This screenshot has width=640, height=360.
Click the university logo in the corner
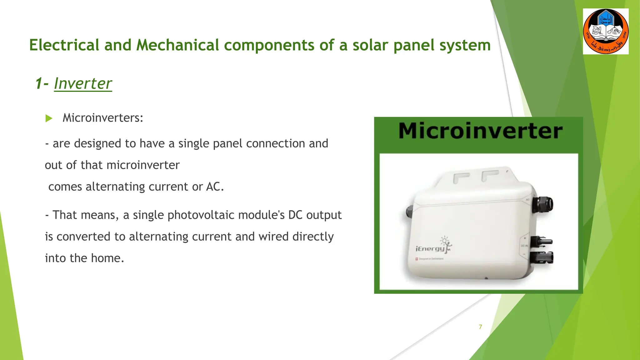point(606,32)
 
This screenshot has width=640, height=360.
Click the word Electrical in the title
point(64,45)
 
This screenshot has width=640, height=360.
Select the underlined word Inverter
point(83,83)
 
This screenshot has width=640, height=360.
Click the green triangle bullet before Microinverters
point(49,118)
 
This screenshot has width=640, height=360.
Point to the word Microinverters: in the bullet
point(103,118)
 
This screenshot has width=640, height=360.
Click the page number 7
point(480,327)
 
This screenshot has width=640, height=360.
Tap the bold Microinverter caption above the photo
point(480,131)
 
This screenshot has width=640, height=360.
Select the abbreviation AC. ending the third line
point(215,187)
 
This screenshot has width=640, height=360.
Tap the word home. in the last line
point(107,258)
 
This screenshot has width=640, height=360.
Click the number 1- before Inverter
point(42,83)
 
